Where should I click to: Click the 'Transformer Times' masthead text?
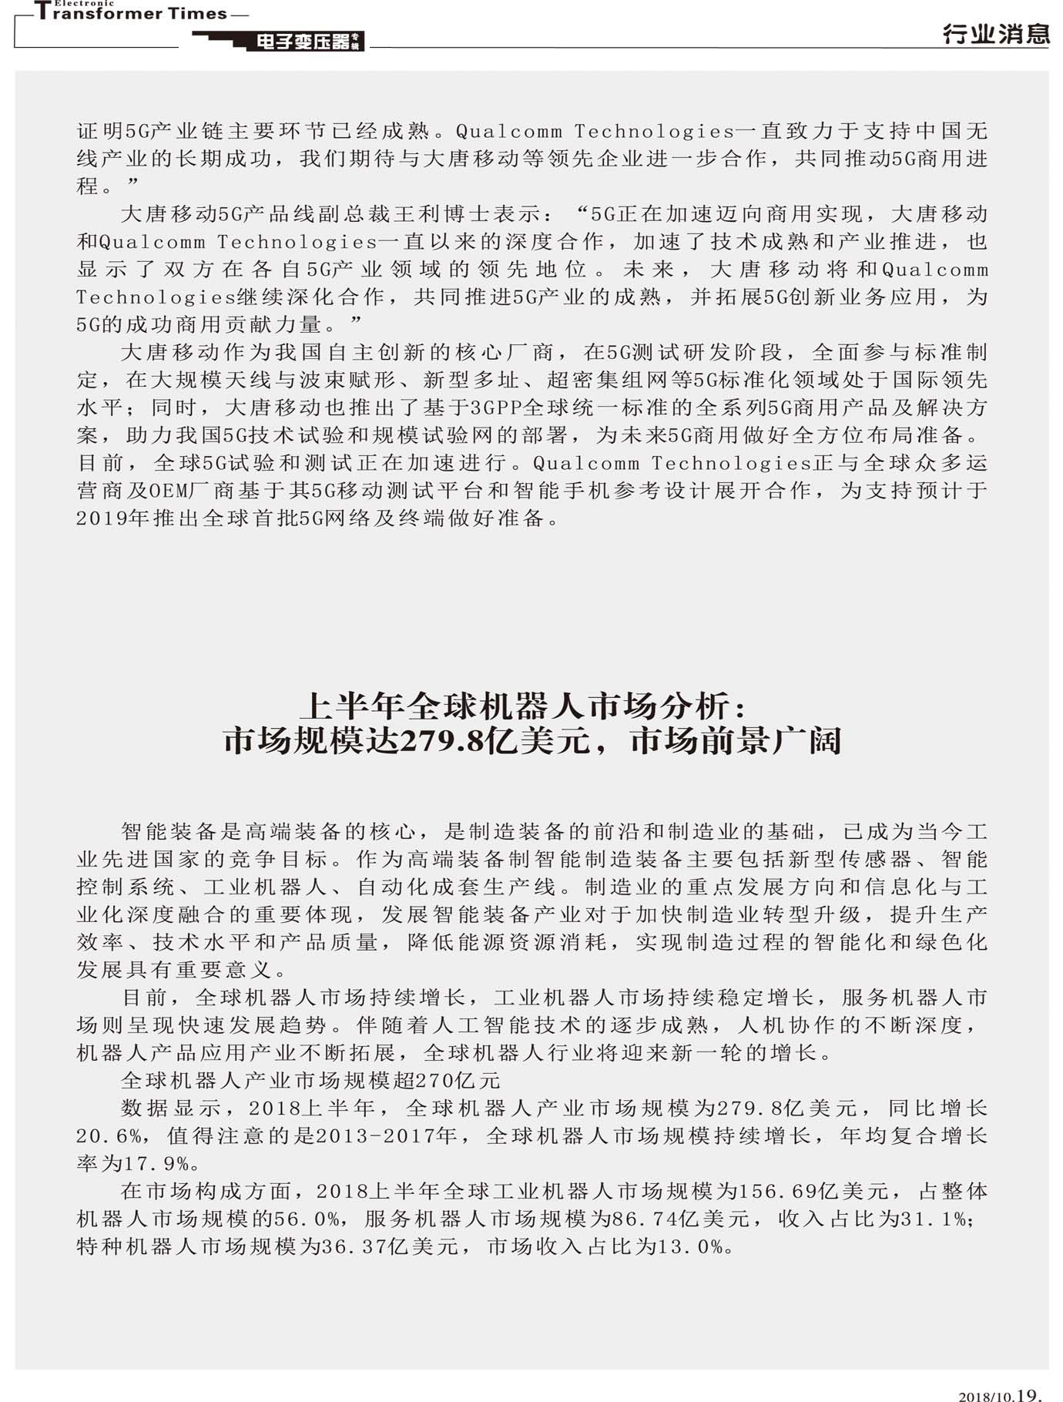[131, 14]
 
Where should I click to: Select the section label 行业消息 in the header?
[995, 34]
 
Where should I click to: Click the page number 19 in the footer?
[1028, 1393]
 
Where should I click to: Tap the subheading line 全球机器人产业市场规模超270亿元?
[310, 1081]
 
